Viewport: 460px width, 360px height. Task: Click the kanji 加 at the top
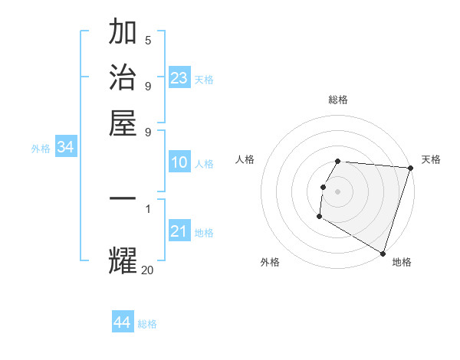point(123,33)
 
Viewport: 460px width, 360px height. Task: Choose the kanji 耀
point(123,260)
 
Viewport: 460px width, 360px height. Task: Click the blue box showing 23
point(179,78)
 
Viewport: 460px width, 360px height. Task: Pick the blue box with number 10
point(179,162)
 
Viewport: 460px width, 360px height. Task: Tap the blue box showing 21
point(179,231)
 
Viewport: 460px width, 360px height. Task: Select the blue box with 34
point(65,148)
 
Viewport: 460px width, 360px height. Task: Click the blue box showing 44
point(123,322)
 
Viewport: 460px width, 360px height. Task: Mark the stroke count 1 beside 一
point(148,208)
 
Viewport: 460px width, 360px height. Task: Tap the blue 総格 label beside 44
point(147,324)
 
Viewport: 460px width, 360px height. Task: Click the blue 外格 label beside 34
point(41,149)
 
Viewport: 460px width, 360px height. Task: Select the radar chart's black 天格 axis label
point(431,159)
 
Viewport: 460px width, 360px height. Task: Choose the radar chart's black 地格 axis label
point(402,262)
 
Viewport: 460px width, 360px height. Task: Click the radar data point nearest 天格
point(410,169)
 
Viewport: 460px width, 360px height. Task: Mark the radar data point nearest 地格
point(383,253)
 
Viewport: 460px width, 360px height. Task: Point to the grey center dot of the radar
point(337,191)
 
